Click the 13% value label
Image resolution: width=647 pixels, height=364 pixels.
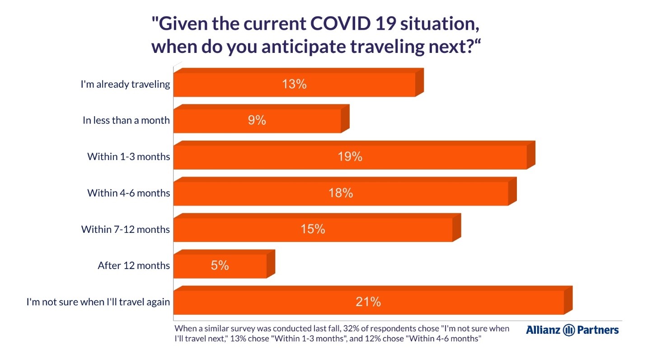[x=294, y=84]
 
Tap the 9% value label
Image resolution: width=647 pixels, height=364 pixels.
[x=257, y=120]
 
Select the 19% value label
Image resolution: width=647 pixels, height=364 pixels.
[x=350, y=157]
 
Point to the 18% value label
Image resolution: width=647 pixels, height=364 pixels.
[x=341, y=193]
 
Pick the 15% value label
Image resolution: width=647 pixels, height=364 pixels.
[x=313, y=229]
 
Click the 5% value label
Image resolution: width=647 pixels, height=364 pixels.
[x=220, y=265]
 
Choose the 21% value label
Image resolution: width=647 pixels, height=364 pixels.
[x=368, y=302]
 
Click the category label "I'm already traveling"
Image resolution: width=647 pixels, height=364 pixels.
[x=125, y=85]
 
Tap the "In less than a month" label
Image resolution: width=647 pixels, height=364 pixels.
[x=126, y=120]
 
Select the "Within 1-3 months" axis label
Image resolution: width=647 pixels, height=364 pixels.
[x=129, y=157]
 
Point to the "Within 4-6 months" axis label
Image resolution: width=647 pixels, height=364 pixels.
[x=129, y=193]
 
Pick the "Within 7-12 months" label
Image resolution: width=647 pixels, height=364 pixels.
[x=126, y=229]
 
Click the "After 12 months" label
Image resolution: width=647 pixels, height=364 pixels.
[x=134, y=265]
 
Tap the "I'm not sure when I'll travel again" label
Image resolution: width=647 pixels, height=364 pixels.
[x=98, y=302]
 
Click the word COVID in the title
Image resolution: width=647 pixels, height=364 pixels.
[x=340, y=24]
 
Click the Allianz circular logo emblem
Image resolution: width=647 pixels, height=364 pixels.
[x=569, y=330]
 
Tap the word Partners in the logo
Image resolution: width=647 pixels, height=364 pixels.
[x=598, y=330]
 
